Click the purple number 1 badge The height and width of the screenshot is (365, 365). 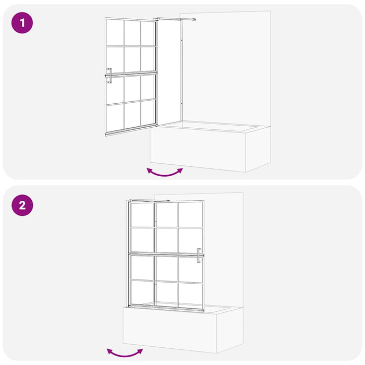(22, 23)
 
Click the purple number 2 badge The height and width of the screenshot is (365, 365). (22, 204)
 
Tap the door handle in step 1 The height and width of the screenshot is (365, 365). (109, 76)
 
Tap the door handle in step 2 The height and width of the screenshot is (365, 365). (199, 256)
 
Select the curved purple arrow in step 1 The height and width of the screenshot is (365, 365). (165, 173)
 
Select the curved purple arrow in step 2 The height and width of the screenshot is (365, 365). (125, 353)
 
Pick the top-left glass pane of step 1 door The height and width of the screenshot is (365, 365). (115, 33)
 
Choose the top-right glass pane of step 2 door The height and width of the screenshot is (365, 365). (190, 214)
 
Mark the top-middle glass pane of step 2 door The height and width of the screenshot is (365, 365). (167, 214)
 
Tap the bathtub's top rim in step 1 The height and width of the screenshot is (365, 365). (214, 126)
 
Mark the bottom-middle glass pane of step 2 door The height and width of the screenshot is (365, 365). (167, 294)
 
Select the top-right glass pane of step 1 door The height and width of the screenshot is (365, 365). (148, 33)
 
